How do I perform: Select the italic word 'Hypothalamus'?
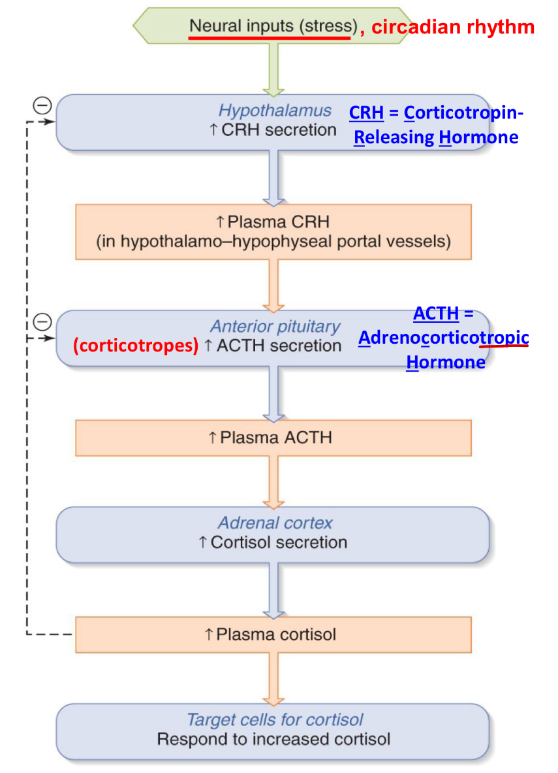tap(275, 110)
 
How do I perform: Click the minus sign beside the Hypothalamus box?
tap(42, 106)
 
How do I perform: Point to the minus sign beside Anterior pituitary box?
tap(42, 321)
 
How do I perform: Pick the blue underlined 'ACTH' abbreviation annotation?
tap(436, 314)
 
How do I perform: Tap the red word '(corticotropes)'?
tap(135, 346)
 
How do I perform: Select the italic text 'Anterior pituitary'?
tap(275, 326)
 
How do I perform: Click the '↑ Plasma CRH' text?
tap(273, 221)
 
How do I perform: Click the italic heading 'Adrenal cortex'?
tap(275, 523)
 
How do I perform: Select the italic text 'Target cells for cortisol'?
tap(275, 720)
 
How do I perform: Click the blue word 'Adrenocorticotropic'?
tap(444, 338)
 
